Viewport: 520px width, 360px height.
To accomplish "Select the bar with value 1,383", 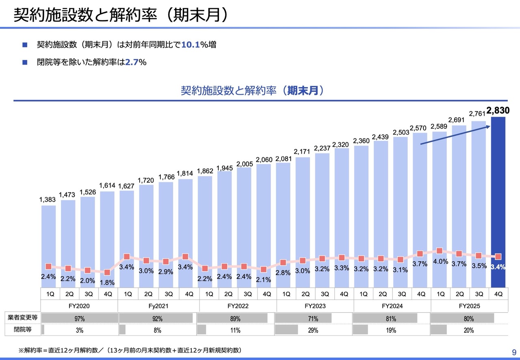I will point(49,244).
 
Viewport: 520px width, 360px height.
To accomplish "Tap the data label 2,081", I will point(283,158).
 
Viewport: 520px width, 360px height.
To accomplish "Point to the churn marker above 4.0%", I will point(440,251).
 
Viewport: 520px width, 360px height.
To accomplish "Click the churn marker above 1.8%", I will point(107,273).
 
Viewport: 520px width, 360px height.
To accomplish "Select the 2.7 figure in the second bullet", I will point(131,63).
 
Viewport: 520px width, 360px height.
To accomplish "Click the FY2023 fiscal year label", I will point(315,306).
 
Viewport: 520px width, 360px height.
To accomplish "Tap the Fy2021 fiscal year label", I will point(158,306).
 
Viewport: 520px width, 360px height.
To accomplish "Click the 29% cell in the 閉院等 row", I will point(313,330).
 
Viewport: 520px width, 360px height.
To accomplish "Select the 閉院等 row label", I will point(22,330).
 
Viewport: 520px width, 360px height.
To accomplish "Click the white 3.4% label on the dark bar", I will point(498,267).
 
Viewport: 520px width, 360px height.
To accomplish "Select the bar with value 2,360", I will point(361,211).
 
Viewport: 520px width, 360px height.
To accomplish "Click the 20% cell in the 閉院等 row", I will point(469,330).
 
